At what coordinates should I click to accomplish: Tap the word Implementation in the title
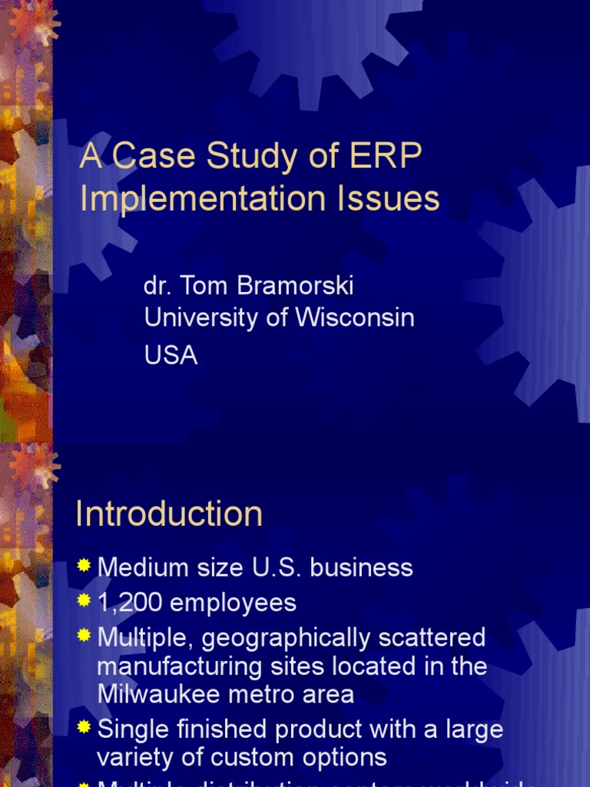coord(195,198)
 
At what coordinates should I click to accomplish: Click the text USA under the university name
coord(171,355)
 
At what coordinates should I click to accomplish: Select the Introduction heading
coord(169,514)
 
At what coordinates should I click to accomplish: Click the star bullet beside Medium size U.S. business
coord(84,567)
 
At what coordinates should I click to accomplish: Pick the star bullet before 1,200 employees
coord(84,602)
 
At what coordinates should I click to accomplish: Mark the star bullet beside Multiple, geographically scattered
coord(84,636)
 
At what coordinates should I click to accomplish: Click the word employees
coord(233,603)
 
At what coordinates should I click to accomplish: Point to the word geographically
coord(285,638)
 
